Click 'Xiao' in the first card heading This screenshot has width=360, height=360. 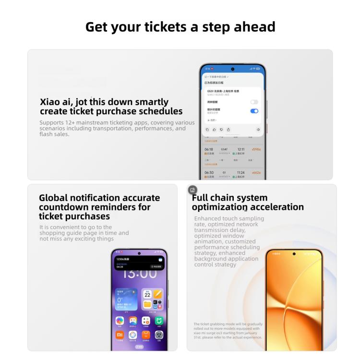point(50,102)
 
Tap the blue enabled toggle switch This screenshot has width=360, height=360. point(254,111)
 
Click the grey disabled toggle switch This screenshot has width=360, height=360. point(254,102)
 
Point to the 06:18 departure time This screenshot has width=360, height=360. point(209,149)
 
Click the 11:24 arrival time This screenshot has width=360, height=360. point(240,172)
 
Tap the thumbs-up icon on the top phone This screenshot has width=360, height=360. point(214,130)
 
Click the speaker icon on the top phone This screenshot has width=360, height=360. point(258,130)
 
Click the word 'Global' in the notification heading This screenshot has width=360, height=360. point(53,198)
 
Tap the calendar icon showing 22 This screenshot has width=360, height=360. point(147,295)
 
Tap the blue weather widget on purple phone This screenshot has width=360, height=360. point(126,299)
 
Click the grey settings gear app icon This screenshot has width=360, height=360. point(159,335)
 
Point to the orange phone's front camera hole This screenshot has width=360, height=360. point(294,253)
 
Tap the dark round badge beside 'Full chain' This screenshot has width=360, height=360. point(192,190)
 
